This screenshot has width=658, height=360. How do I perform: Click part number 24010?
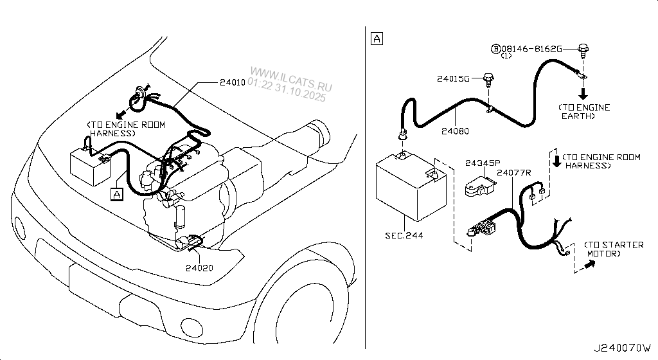[233, 83]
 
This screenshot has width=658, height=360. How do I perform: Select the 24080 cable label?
[455, 132]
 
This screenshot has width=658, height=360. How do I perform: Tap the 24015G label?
[454, 80]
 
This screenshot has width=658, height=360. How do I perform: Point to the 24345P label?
[482, 163]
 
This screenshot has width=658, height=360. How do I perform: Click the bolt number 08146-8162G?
[533, 49]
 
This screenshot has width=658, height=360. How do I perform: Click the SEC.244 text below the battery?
[404, 236]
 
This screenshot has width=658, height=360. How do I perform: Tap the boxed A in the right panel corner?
[377, 39]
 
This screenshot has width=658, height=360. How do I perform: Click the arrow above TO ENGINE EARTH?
[585, 92]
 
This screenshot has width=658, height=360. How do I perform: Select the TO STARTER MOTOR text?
[614, 249]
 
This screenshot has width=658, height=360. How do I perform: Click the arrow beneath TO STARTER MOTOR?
[594, 265]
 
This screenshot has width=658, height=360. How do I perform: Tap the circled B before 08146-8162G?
[496, 49]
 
